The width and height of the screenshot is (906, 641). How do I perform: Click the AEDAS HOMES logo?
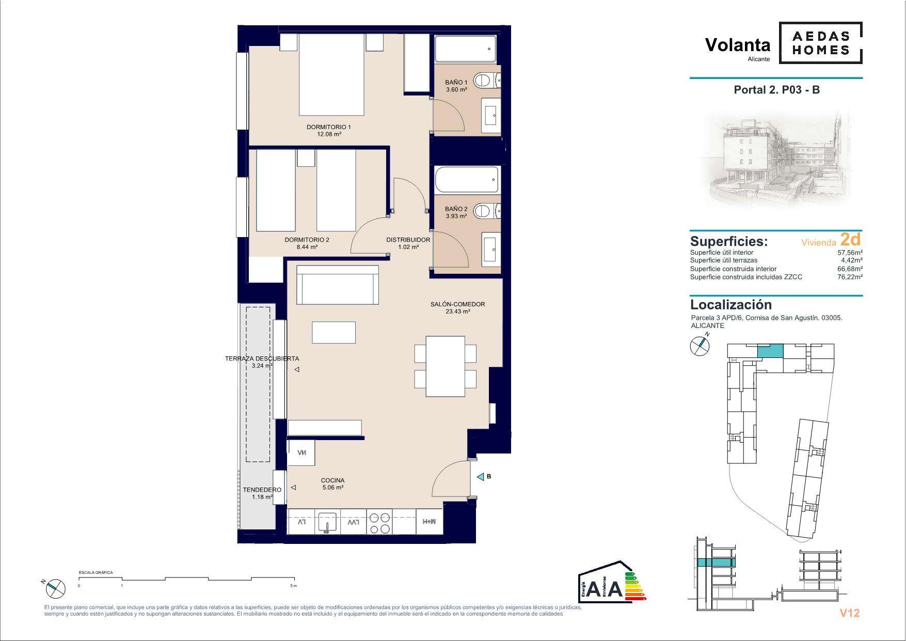point(820,43)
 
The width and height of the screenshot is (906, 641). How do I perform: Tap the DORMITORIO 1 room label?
point(329,127)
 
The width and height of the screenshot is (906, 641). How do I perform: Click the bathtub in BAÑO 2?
point(467,179)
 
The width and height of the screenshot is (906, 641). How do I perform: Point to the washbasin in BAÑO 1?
point(491,113)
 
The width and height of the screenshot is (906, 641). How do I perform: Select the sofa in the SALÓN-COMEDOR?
point(338,285)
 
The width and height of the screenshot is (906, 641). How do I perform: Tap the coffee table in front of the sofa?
point(333,332)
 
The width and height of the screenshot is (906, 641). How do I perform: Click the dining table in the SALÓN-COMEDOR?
point(445,366)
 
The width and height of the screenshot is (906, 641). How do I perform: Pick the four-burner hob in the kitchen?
point(379,522)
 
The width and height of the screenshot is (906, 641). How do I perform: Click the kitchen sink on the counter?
point(327,522)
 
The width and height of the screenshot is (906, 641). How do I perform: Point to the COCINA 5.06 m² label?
point(332,483)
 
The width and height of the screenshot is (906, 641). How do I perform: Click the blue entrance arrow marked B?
point(480,477)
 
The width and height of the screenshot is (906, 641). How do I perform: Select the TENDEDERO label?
point(262,490)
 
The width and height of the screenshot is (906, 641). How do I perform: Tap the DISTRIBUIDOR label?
point(408,240)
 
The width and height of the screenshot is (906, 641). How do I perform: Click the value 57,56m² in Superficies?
point(850,253)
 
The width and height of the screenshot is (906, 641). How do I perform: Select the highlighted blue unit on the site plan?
point(770,351)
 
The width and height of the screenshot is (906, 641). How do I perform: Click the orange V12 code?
point(849,613)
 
